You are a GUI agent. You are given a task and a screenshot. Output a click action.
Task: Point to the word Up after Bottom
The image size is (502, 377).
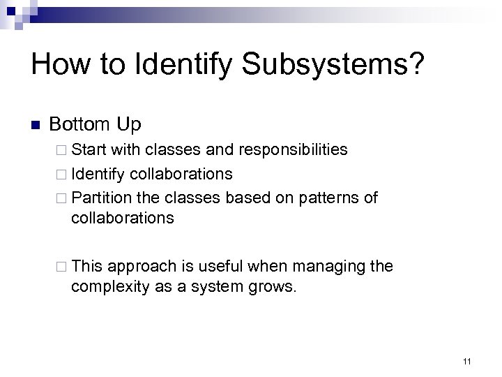coord(128,126)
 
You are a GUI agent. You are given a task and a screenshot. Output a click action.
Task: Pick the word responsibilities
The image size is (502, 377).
coord(293,149)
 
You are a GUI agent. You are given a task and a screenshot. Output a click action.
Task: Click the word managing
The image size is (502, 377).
coord(322,267)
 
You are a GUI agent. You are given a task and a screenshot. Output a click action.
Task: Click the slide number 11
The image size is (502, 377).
coord(466,361)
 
